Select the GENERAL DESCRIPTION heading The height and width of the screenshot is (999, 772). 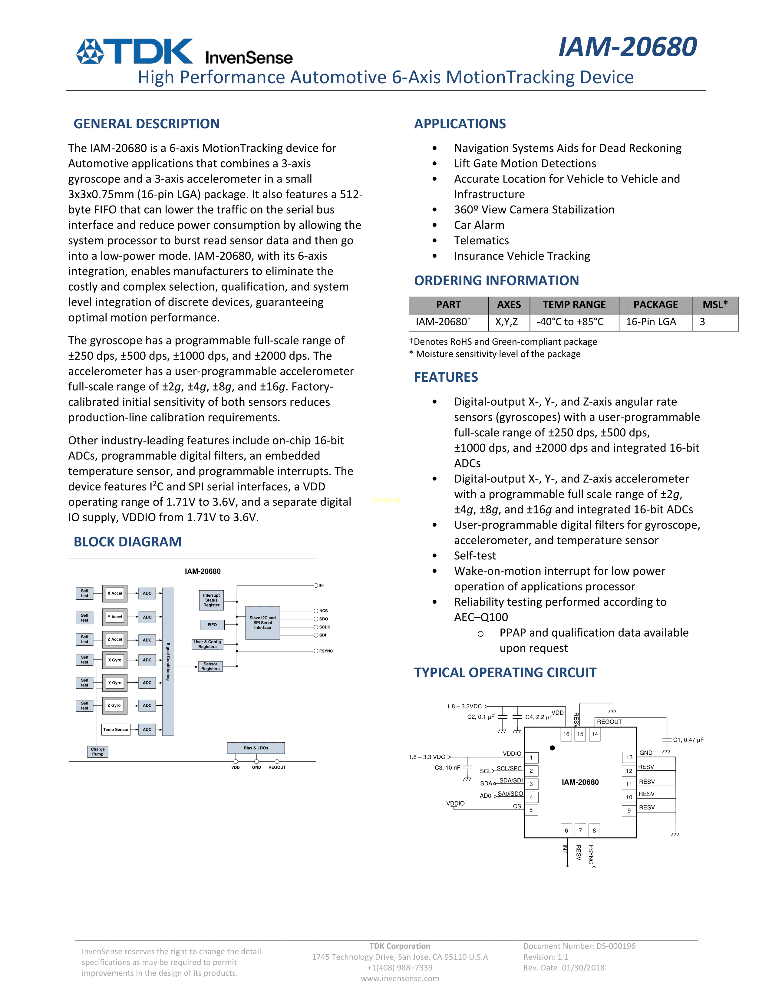tap(146, 124)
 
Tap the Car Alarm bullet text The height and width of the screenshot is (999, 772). tap(479, 225)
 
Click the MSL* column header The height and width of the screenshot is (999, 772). tap(715, 305)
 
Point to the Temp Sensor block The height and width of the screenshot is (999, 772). tap(116, 729)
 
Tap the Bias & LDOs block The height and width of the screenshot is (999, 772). tap(256, 748)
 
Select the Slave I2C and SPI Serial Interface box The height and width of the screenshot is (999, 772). tap(262, 622)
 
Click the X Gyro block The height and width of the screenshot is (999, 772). tap(115, 660)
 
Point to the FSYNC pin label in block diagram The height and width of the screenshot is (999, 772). tap(326, 651)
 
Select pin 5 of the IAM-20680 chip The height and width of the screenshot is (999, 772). tap(531, 809)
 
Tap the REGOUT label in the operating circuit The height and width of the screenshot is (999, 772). tap(609, 721)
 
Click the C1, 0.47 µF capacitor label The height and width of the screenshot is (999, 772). tap(688, 740)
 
